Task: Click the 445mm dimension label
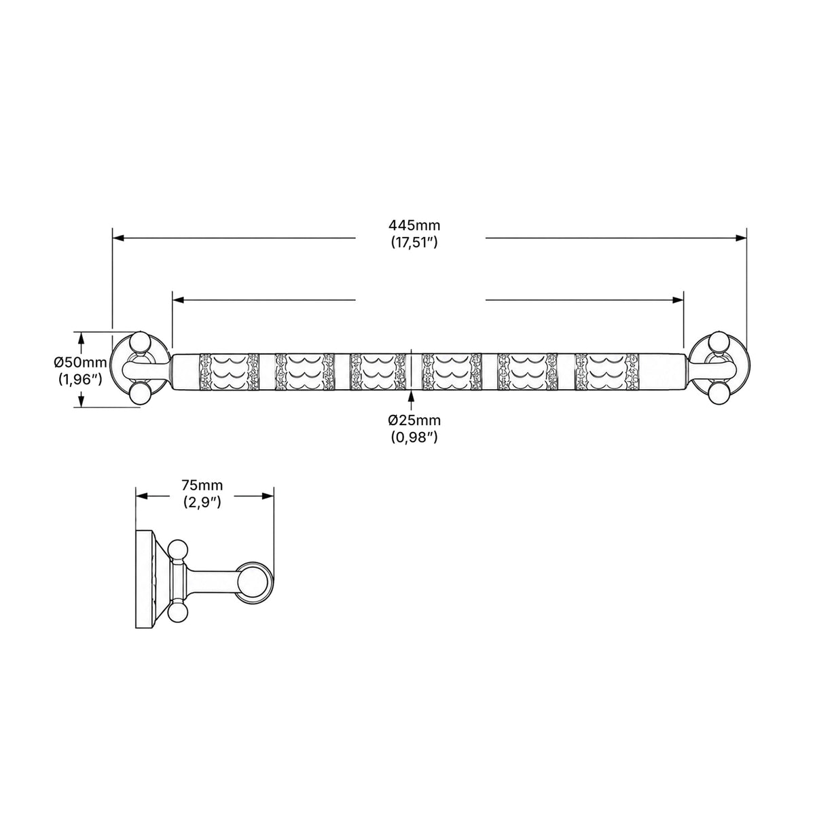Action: (414, 225)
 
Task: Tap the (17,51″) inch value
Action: (414, 242)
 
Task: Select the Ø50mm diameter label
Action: (80, 362)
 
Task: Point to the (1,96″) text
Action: (80, 380)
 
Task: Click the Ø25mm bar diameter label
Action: (414, 420)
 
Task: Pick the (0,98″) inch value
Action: (414, 438)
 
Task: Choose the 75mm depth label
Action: (202, 485)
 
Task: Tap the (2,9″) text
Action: (202, 503)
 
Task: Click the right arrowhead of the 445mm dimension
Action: (740, 238)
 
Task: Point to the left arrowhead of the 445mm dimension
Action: (118, 238)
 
